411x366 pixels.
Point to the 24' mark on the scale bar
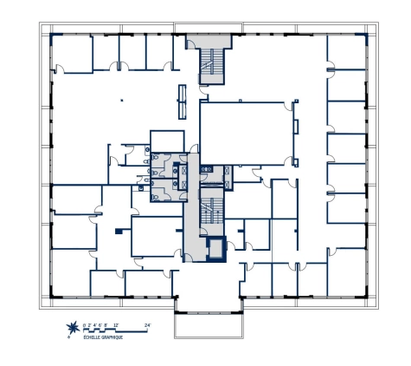click(147, 324)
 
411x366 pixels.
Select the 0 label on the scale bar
click(85, 324)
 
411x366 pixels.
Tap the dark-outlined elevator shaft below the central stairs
click(214, 248)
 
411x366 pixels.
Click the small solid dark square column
click(118, 230)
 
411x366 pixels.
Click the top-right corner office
click(350, 54)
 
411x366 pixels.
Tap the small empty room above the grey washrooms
click(166, 141)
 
